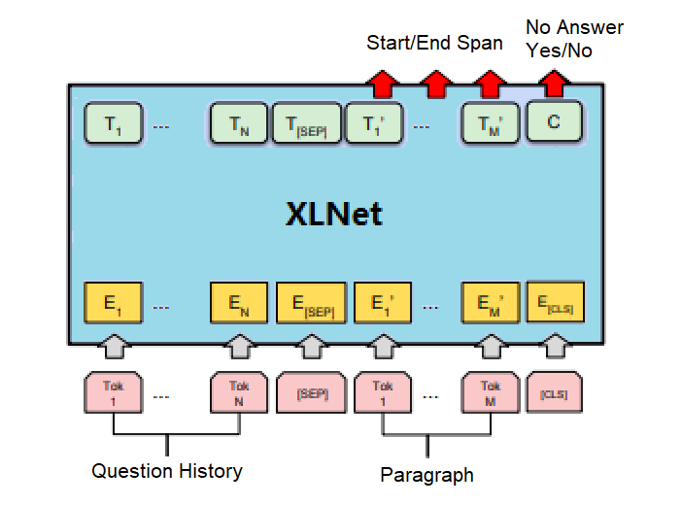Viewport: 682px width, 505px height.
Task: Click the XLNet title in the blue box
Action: pyautogui.click(x=334, y=213)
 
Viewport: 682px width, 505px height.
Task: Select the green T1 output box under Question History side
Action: pyautogui.click(x=113, y=125)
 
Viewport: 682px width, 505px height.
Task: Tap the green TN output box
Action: pyautogui.click(x=239, y=125)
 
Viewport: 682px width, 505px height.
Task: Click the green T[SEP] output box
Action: pyautogui.click(x=307, y=125)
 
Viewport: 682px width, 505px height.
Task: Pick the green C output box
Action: pyautogui.click(x=554, y=123)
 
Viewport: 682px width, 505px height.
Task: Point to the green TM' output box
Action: pyautogui.click(x=490, y=125)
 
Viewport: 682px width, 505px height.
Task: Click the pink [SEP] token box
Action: pyautogui.click(x=311, y=394)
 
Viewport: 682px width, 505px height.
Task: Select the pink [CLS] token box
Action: pyautogui.click(x=555, y=393)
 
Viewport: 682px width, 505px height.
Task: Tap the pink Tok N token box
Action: pyautogui.click(x=239, y=392)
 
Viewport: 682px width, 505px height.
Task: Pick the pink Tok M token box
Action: pyautogui.click(x=491, y=392)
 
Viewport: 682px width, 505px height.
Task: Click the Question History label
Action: pyautogui.click(x=167, y=472)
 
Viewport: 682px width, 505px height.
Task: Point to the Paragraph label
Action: pyautogui.click(x=426, y=475)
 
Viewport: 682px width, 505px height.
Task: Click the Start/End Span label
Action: pyautogui.click(x=434, y=43)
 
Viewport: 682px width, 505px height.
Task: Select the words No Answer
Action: pyautogui.click(x=574, y=27)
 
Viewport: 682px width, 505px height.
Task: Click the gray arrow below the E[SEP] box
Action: pyautogui.click(x=311, y=346)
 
